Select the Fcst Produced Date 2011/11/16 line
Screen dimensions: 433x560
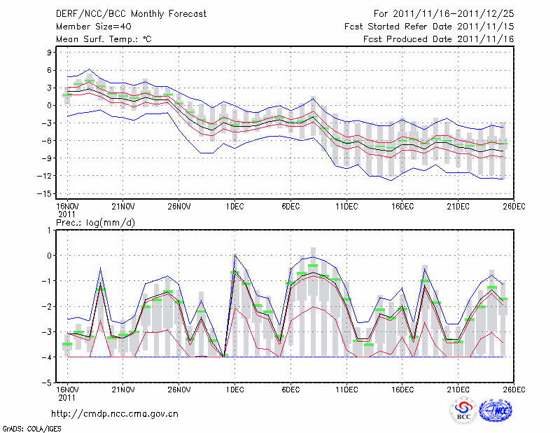(x=439, y=39)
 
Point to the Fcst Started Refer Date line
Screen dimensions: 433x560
(x=430, y=26)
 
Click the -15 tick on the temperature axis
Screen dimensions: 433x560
(x=48, y=193)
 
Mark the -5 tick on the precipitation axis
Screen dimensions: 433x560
(x=49, y=383)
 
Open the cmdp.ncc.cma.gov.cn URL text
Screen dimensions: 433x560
(x=115, y=413)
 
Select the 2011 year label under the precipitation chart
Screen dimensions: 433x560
(x=66, y=397)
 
